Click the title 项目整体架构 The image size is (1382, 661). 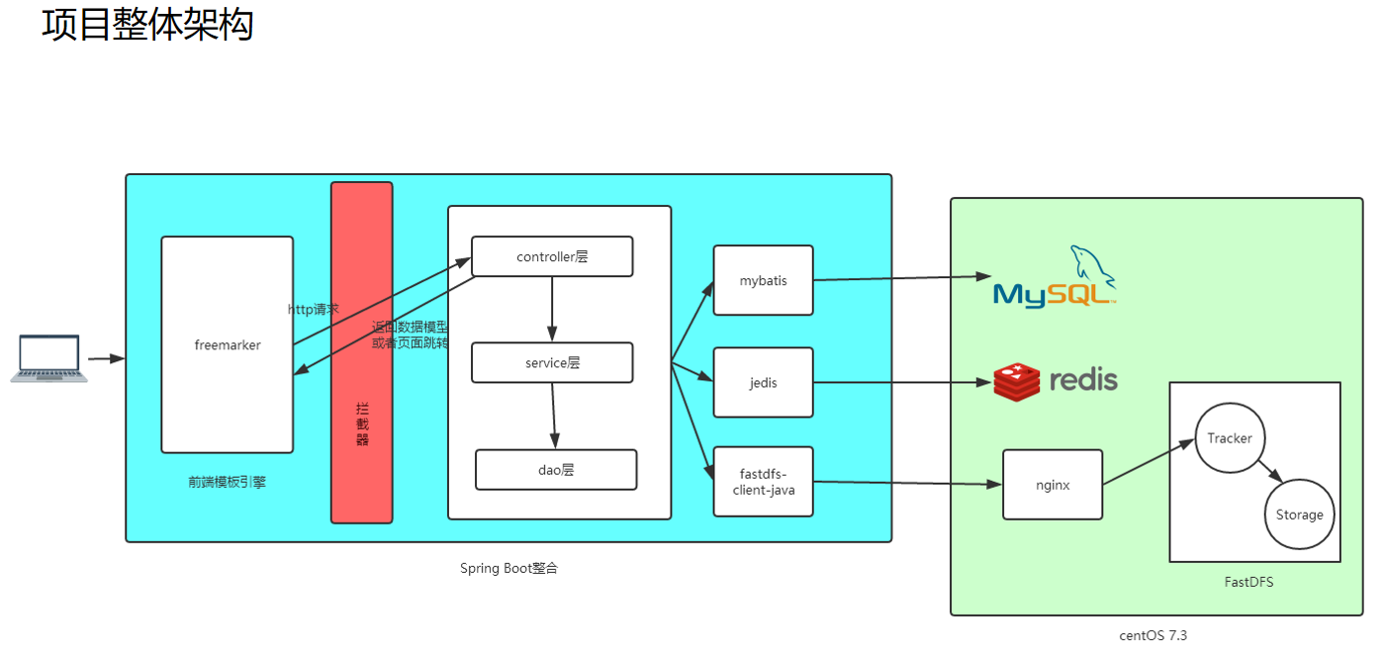click(x=147, y=24)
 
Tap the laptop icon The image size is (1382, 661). click(x=48, y=358)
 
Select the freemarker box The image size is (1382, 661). click(x=228, y=344)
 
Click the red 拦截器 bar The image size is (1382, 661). click(x=361, y=352)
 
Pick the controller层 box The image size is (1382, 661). click(x=552, y=256)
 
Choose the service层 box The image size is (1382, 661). click(x=552, y=362)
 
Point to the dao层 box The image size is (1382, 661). click(x=556, y=470)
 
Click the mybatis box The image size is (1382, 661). click(x=763, y=280)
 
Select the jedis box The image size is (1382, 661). click(x=763, y=382)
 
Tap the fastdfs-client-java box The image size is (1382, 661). click(x=763, y=481)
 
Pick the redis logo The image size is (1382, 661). click(x=1056, y=380)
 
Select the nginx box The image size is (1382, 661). click(x=1052, y=485)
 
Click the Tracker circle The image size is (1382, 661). click(x=1230, y=438)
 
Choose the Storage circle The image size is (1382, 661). click(x=1299, y=515)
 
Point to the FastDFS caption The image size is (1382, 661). click(x=1248, y=582)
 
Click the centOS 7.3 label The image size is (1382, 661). click(x=1152, y=635)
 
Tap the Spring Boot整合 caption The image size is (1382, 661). click(x=508, y=568)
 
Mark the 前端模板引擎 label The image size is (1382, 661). click(x=227, y=482)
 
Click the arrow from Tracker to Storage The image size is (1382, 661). click(x=1271, y=472)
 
